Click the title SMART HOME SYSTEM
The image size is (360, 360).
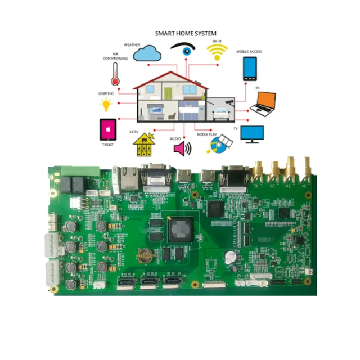[185, 34]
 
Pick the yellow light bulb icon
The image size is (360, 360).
[106, 105]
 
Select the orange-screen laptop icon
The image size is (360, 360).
[263, 101]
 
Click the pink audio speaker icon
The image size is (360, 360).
[182, 148]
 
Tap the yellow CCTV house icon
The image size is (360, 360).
[144, 146]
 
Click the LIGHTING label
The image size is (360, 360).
[106, 93]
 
